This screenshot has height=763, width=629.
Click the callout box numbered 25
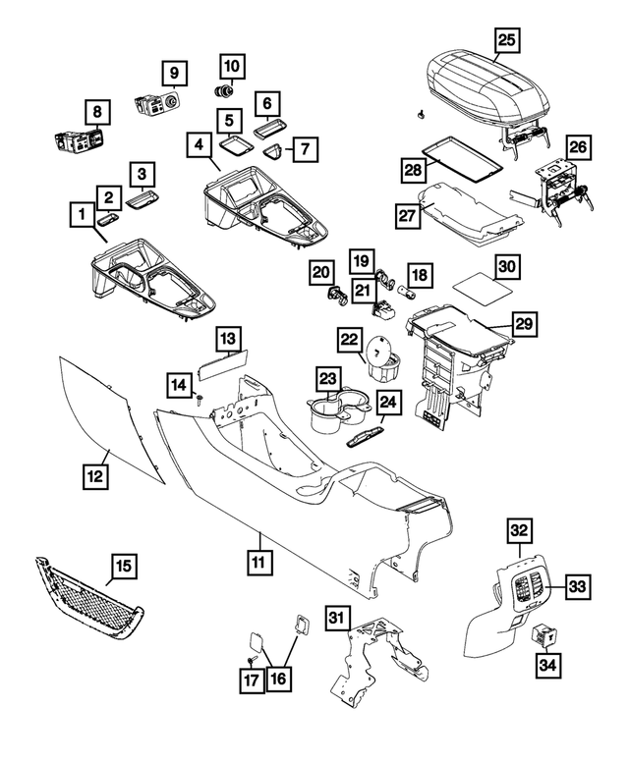506,40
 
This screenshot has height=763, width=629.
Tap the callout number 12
94,477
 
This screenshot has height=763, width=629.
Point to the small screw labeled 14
200,398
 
